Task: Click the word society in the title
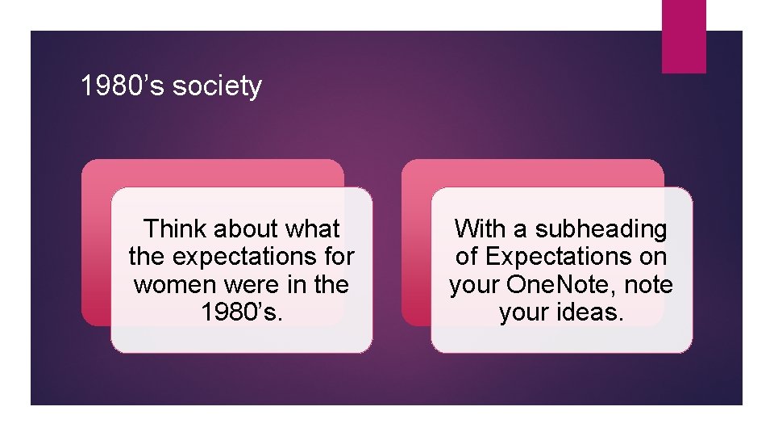[218, 86]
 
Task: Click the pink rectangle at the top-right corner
[684, 36]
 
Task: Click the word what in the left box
[314, 229]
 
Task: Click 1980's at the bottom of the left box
[242, 312]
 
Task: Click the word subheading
[601, 229]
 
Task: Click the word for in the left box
[337, 258]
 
